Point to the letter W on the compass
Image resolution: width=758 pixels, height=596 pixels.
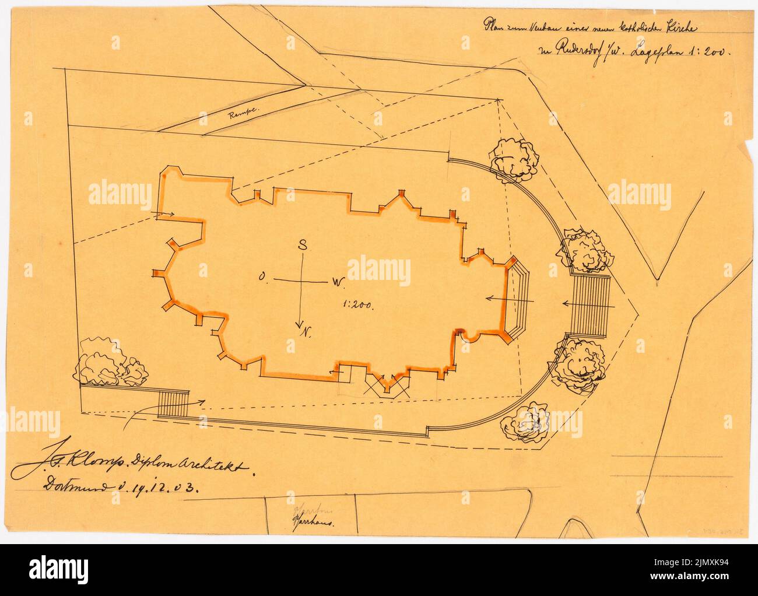[x=338, y=282]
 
